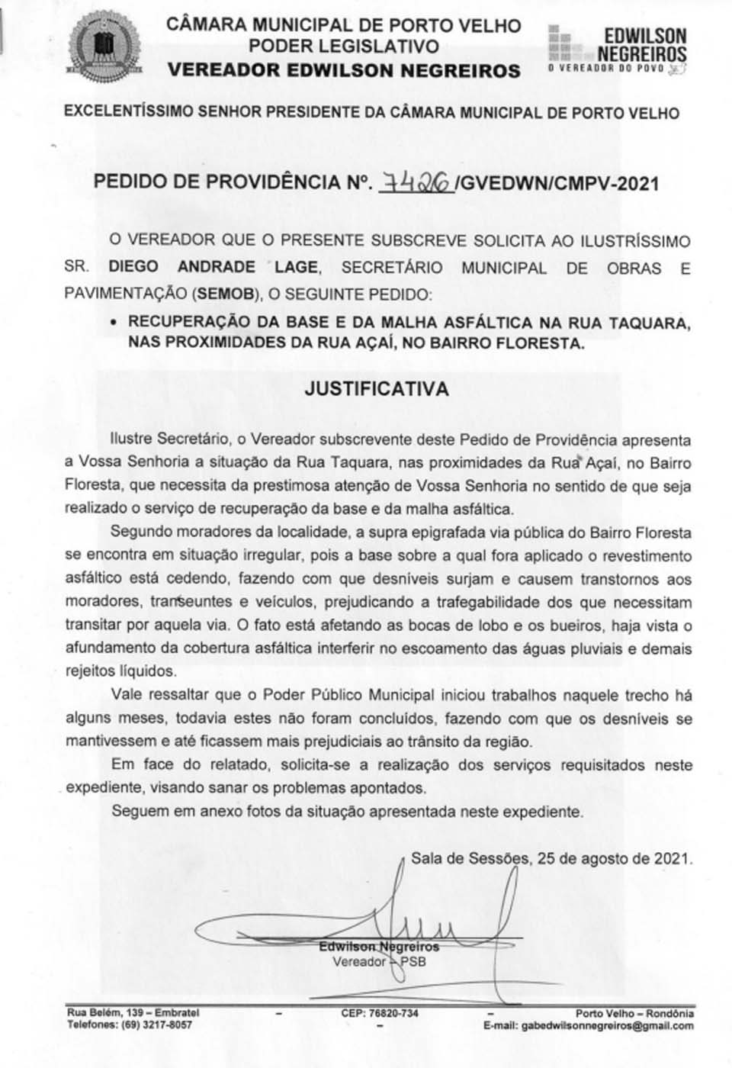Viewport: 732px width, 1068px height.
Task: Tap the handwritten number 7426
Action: [416, 183]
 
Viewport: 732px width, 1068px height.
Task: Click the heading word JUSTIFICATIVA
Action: [377, 388]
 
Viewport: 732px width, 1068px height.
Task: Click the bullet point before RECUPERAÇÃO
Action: [114, 323]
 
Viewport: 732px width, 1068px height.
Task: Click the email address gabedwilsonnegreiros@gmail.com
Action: [607, 1026]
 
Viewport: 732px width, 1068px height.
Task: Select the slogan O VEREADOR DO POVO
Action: [608, 69]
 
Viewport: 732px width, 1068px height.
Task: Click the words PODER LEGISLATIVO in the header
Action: [344, 46]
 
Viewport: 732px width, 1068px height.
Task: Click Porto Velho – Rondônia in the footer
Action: [634, 1014]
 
